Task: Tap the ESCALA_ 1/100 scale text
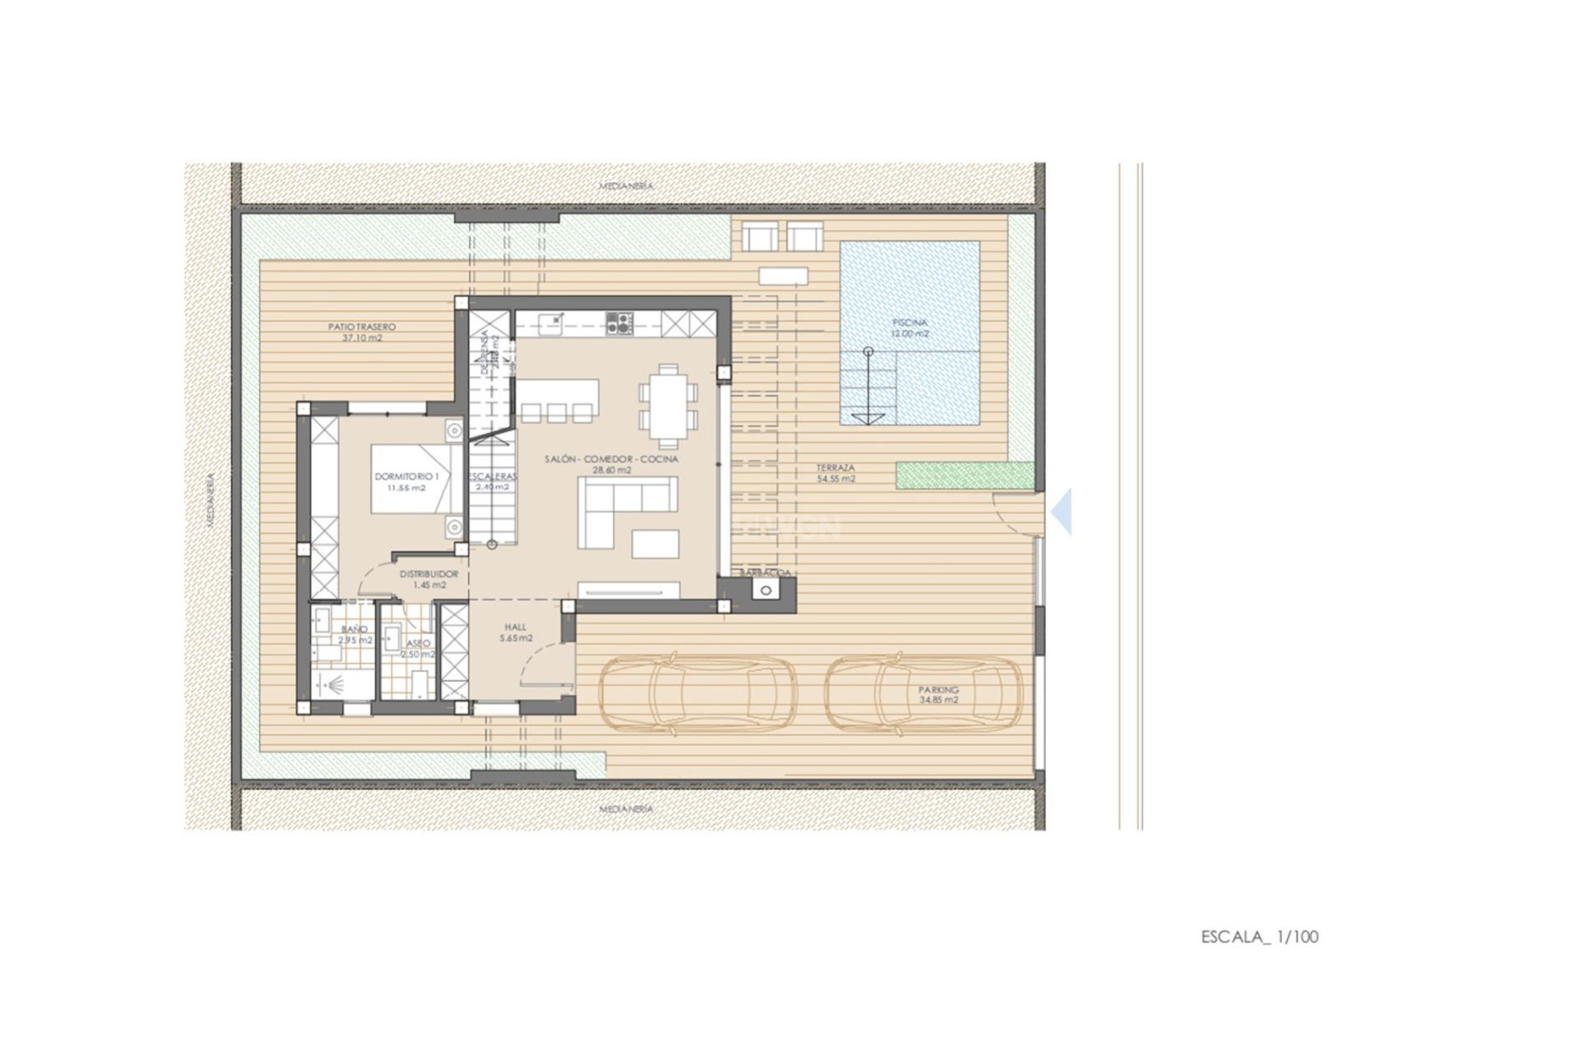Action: coord(1259,936)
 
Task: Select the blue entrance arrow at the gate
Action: coord(1063,512)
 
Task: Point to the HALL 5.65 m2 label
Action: coord(516,632)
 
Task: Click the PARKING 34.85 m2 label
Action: coord(938,694)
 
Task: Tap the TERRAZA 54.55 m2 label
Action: coord(836,473)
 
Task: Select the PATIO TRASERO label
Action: coord(362,332)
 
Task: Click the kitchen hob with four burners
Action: coord(619,322)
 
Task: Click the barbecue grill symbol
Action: coord(766,590)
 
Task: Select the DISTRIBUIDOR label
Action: coord(428,579)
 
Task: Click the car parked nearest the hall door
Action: coord(697,693)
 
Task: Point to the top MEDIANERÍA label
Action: coord(626,186)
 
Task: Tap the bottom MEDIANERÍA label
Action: coord(626,809)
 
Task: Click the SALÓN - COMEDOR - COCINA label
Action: coord(612,464)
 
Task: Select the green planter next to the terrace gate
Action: coord(965,475)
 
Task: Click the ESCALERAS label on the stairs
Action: coord(493,481)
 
